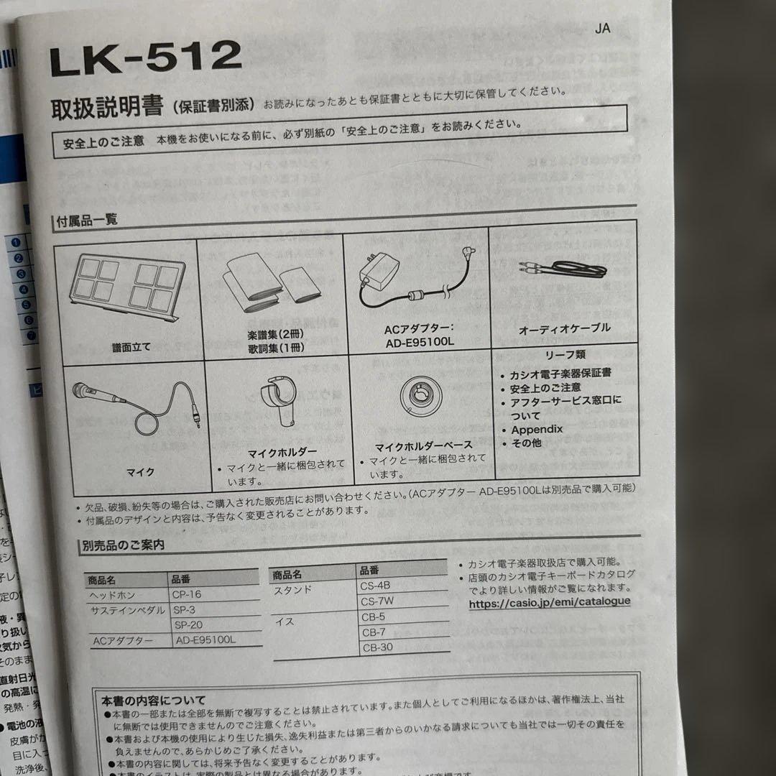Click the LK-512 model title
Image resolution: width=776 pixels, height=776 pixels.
click(x=145, y=58)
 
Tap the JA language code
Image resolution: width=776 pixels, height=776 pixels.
click(x=602, y=29)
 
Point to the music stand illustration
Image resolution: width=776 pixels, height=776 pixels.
click(x=126, y=282)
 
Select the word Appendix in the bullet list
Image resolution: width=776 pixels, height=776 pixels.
click(x=537, y=430)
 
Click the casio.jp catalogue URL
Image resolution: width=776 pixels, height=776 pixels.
click(x=550, y=602)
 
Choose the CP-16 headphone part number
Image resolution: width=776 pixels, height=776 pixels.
click(x=187, y=595)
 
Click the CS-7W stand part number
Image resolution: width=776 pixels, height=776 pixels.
click(x=377, y=601)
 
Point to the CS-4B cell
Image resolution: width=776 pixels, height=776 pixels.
click(x=375, y=586)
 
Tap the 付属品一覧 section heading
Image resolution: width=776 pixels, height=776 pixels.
click(x=87, y=221)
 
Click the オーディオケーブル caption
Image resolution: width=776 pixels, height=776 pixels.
click(x=564, y=328)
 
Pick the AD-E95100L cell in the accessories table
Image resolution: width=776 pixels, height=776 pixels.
click(x=205, y=640)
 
